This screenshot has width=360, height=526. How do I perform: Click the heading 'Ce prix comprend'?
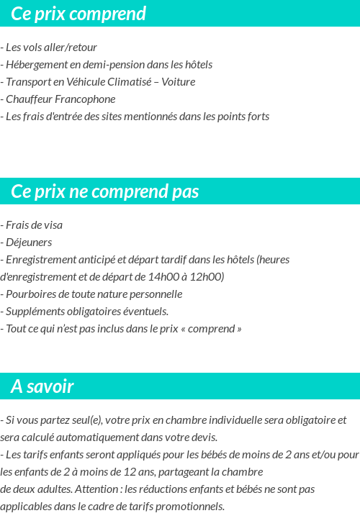[78, 14]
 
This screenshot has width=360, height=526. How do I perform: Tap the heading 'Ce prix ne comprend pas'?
[104, 192]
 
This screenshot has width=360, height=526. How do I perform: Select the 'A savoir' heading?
[42, 386]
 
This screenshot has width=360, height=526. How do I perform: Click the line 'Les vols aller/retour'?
[50, 47]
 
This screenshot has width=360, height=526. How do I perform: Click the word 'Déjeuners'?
[28, 242]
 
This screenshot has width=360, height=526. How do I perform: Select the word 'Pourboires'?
[31, 294]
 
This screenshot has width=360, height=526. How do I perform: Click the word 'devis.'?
[203, 437]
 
